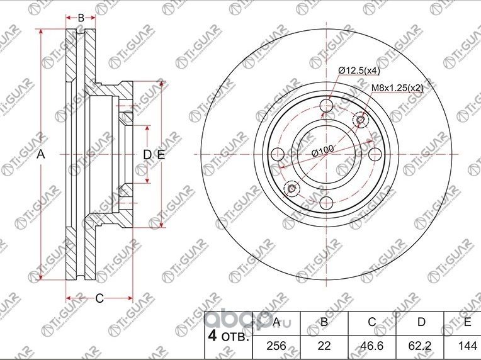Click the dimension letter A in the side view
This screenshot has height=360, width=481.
point(40,154)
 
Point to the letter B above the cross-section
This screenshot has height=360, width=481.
point(81,18)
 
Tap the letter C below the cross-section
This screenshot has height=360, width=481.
point(99,298)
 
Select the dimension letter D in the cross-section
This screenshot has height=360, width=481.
point(146,155)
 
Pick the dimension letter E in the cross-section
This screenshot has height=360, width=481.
point(161,155)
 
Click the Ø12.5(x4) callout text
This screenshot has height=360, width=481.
point(359,70)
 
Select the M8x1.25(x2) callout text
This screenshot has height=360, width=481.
point(397,87)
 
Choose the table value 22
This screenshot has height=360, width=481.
point(324,345)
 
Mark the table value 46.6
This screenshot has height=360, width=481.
point(372,345)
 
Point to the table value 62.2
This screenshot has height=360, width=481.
point(421,345)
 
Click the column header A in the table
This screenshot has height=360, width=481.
point(276,322)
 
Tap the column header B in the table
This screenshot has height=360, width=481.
point(324,322)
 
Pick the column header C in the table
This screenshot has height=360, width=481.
point(372,322)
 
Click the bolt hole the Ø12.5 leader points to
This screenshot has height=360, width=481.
point(327,106)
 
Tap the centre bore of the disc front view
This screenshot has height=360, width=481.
point(327,155)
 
